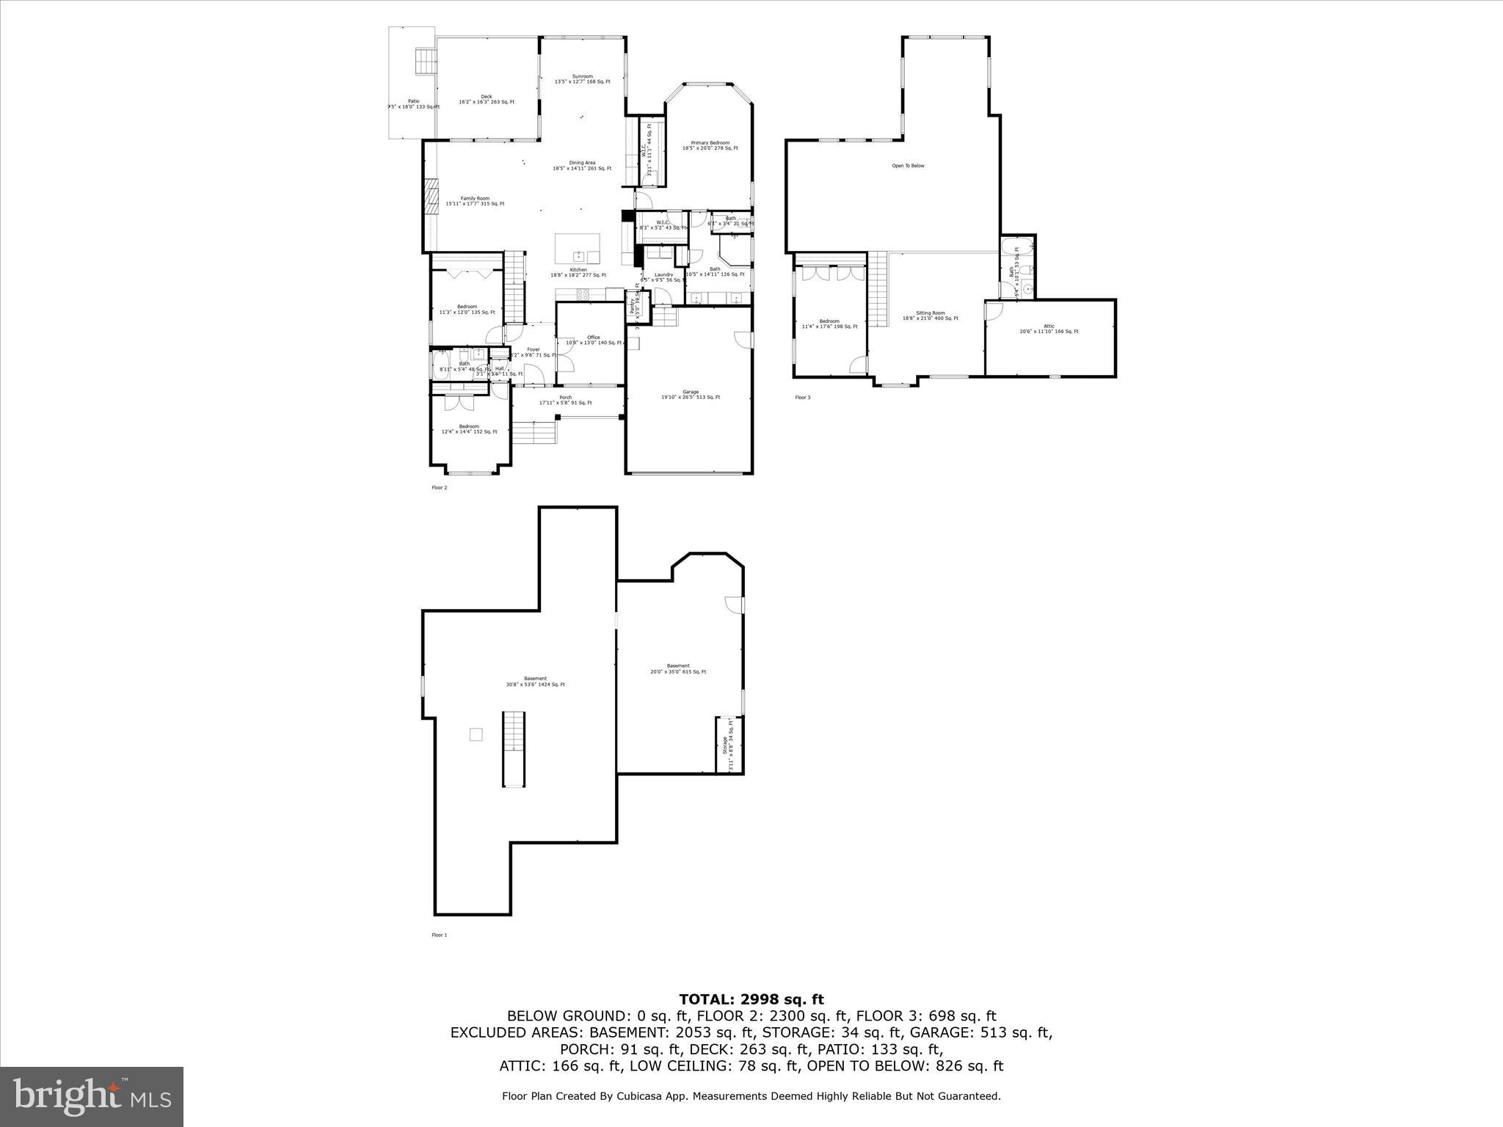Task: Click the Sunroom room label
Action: [x=582, y=79]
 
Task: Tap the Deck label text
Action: [x=487, y=99]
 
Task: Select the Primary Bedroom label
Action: [x=710, y=145]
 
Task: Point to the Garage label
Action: [x=690, y=394]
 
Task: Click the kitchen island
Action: [x=577, y=249]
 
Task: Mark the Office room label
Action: [x=593, y=340]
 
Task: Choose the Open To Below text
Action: [x=908, y=166]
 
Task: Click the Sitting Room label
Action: [x=930, y=316]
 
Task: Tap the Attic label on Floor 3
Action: [x=1049, y=329]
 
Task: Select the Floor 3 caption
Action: [x=803, y=398]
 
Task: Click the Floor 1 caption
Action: [x=439, y=935]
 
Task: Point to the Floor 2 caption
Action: [x=439, y=487]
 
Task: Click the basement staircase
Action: [x=514, y=748]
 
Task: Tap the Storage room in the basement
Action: [x=729, y=745]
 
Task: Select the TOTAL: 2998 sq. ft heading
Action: [x=751, y=999]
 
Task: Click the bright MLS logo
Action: [x=92, y=1096]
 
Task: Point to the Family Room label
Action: [x=475, y=200]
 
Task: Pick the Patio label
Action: [x=413, y=103]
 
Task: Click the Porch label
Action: [x=565, y=400]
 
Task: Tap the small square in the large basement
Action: [x=476, y=734]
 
